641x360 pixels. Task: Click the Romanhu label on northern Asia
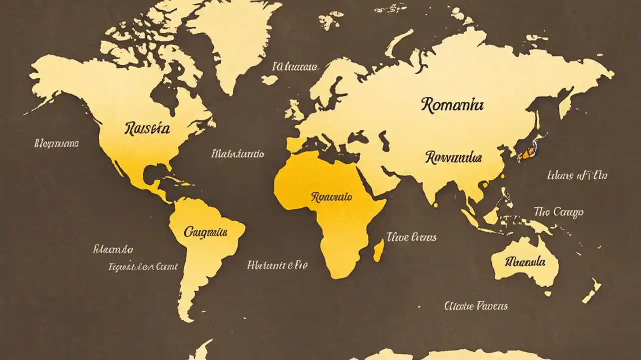pyautogui.click(x=452, y=105)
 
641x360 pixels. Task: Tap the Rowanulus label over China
pyautogui.click(x=453, y=158)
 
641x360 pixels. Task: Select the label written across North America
pyautogui.click(x=147, y=129)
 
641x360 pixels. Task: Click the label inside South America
pyautogui.click(x=206, y=232)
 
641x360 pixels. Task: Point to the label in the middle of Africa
pyautogui.click(x=331, y=197)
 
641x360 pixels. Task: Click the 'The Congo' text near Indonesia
pyautogui.click(x=558, y=212)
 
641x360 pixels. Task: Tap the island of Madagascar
pyautogui.click(x=379, y=250)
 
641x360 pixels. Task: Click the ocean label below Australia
pyautogui.click(x=476, y=305)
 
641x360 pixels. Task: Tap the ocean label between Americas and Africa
pyautogui.click(x=238, y=154)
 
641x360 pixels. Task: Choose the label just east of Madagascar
pyautogui.click(x=411, y=237)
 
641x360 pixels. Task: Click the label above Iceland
pyautogui.click(x=295, y=66)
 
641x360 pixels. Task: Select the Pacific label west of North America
pyautogui.click(x=57, y=144)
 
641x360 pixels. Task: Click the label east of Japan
pyautogui.click(x=577, y=175)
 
